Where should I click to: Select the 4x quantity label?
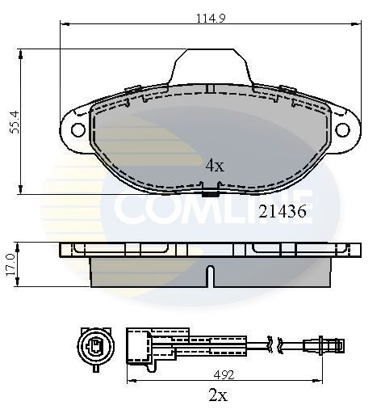pos(214,165)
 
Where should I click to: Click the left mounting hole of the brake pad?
pos(78,129)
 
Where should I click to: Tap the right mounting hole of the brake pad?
pos(343,129)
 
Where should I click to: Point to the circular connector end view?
pos(95,346)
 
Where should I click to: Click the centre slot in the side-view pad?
pos(210,277)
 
